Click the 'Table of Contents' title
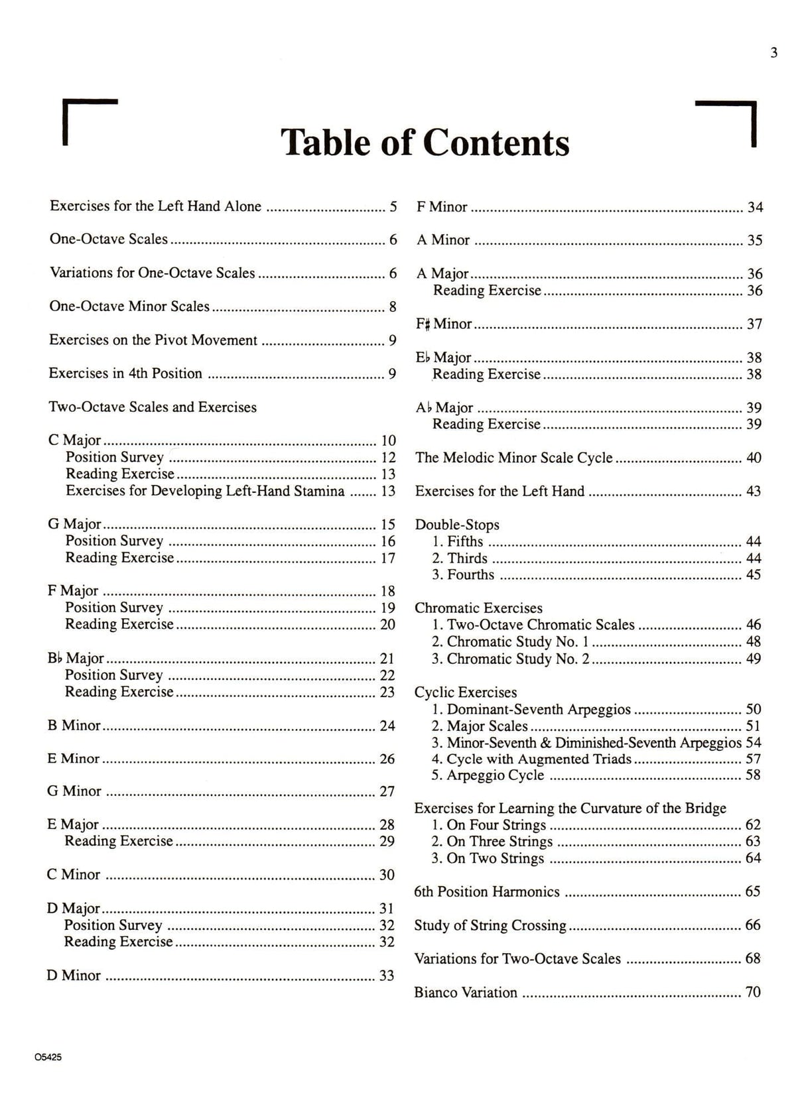click(x=425, y=142)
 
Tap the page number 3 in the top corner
click(x=773, y=53)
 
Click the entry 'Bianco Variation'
click(x=466, y=992)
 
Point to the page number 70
click(x=753, y=992)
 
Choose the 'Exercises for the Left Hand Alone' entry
click(x=155, y=206)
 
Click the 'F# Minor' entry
click(x=444, y=324)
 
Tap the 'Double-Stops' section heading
click(x=457, y=525)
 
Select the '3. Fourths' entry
click(x=463, y=574)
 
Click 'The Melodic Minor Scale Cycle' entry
click(x=514, y=458)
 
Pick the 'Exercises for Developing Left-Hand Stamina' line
click(x=205, y=491)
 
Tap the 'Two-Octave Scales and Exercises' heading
click(x=153, y=407)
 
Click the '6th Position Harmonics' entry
click(x=487, y=891)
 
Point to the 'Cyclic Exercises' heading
click(x=466, y=692)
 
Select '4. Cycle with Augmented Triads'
click(x=531, y=759)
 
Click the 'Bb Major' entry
click(x=76, y=658)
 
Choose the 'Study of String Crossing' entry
click(x=490, y=925)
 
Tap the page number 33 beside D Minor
click(x=387, y=976)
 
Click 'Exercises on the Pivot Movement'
click(x=153, y=340)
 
